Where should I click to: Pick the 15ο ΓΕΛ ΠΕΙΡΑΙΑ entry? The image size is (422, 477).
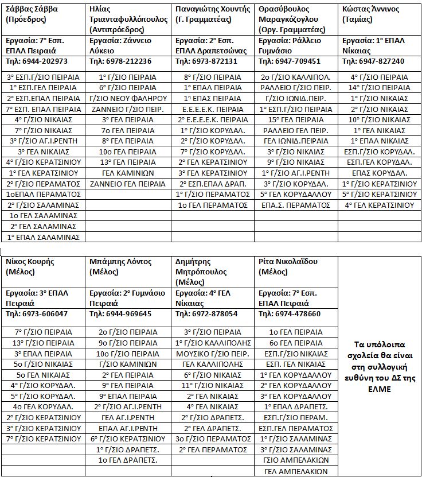tap(296, 119)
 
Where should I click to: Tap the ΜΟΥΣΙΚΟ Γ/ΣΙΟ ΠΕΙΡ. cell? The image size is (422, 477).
tap(212, 353)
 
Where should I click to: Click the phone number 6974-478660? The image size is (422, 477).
tap(290, 314)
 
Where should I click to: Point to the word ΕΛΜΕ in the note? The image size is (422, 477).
tap(380, 389)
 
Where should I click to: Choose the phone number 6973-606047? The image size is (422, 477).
tap(37, 314)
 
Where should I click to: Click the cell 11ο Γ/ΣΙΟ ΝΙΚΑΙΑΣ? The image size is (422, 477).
tap(212, 385)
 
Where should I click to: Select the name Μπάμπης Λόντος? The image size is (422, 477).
tap(121, 262)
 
